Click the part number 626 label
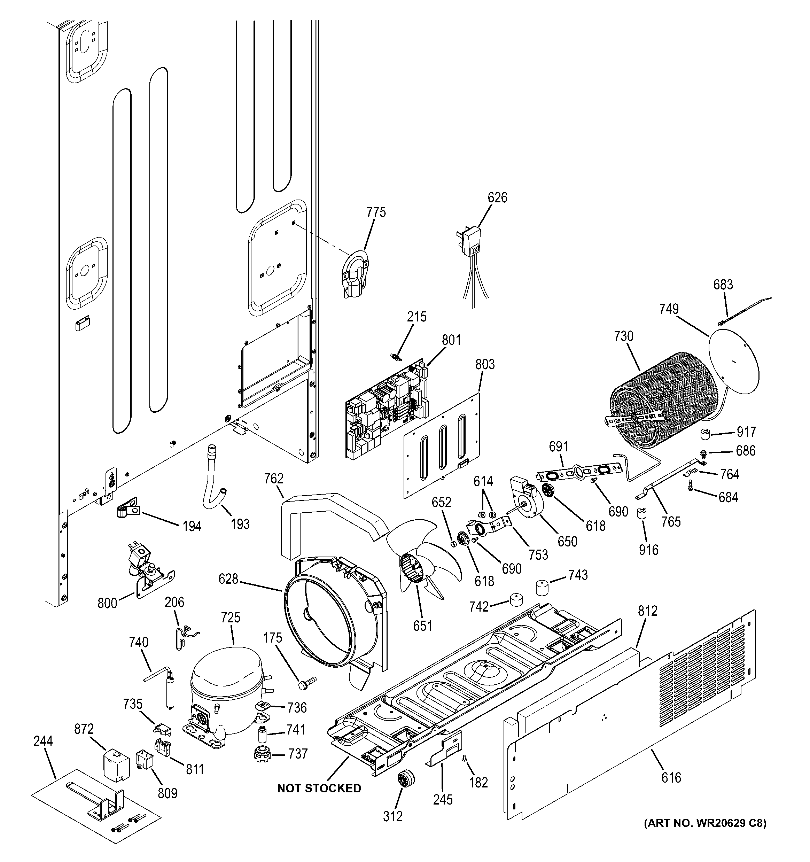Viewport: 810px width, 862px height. point(497,198)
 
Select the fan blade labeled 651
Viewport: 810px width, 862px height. point(423,556)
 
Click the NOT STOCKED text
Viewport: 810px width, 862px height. point(319,788)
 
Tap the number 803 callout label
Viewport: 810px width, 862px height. point(484,365)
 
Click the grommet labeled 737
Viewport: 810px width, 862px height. point(262,753)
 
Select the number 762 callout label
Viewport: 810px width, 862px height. point(274,479)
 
